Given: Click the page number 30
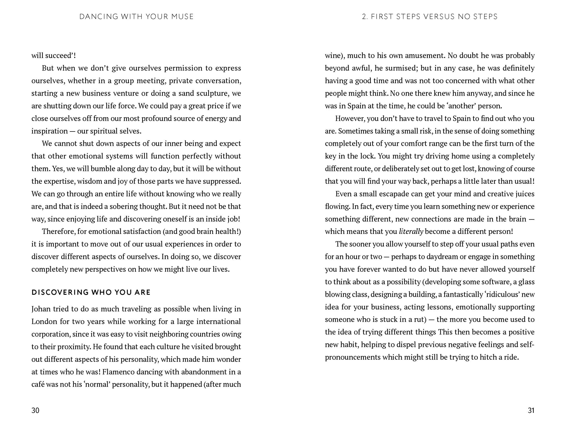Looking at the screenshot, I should [35, 410].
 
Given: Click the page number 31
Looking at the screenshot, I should [531, 410].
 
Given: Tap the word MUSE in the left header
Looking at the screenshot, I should [182, 17].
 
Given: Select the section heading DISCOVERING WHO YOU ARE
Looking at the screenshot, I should [91, 292].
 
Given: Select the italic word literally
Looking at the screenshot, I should [411, 231].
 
